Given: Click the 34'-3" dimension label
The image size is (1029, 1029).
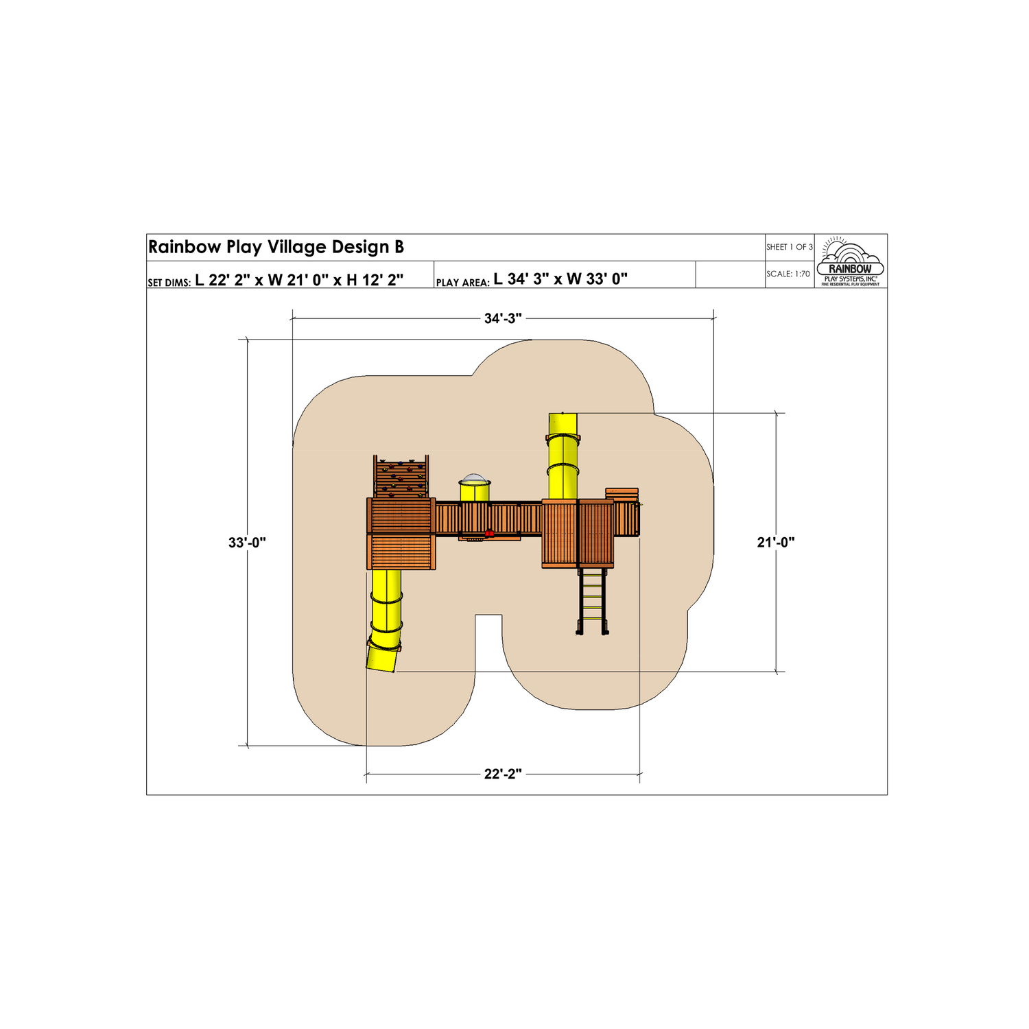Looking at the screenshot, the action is (x=503, y=318).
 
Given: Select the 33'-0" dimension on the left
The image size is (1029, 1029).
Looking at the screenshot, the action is (x=247, y=542).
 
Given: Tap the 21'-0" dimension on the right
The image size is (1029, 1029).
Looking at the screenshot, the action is (x=776, y=542).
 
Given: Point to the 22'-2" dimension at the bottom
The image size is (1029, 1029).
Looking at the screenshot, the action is (x=503, y=774).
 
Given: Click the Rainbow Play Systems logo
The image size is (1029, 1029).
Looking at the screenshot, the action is (x=851, y=261).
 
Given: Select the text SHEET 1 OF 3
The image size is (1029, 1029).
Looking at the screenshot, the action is (x=790, y=247).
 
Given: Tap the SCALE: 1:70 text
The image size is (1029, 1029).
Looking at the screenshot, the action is (x=788, y=274).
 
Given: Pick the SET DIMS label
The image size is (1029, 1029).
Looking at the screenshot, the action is (x=169, y=283).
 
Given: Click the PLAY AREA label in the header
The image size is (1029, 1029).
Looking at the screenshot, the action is (x=462, y=283).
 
